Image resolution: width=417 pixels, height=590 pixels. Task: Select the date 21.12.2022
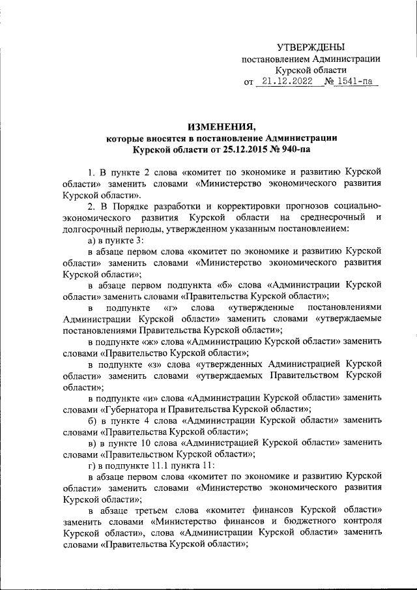pos(283,82)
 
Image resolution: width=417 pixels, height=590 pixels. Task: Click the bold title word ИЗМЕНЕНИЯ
pos(222,125)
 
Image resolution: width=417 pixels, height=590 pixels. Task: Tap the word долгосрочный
pos(96,229)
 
